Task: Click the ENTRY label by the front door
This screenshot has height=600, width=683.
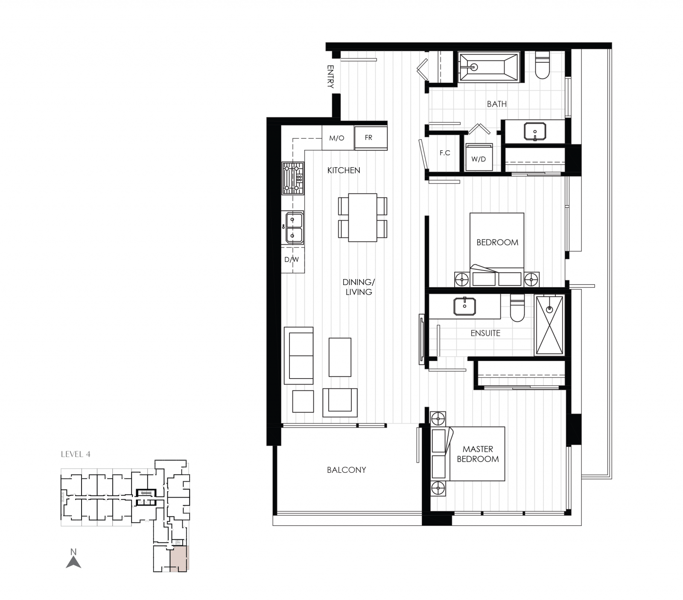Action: (x=330, y=76)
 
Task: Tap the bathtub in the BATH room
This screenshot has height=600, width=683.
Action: (x=489, y=67)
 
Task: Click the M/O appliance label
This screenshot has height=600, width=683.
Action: (x=337, y=138)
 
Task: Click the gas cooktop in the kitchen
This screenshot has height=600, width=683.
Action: (x=292, y=178)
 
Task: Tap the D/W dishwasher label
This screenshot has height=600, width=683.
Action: (x=292, y=259)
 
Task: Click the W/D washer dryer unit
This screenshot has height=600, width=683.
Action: (x=479, y=157)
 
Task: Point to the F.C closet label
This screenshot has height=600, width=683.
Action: (x=445, y=153)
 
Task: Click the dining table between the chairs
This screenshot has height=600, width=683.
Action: (x=362, y=218)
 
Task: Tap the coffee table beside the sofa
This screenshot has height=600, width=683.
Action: (x=340, y=357)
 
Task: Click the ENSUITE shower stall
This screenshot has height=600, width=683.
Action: (x=549, y=325)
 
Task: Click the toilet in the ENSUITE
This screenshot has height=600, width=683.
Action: (x=517, y=309)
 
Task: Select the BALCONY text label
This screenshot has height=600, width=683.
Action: (x=346, y=470)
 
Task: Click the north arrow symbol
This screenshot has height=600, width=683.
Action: (x=73, y=561)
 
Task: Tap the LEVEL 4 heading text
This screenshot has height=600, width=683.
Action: (x=76, y=454)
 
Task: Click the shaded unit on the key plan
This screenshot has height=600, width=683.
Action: (x=179, y=559)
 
